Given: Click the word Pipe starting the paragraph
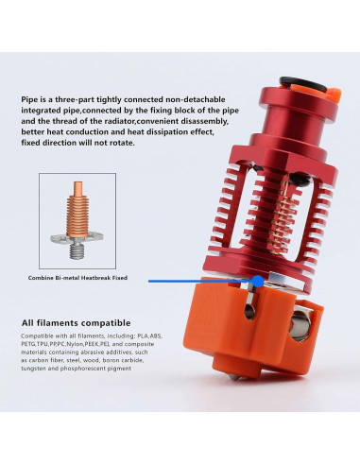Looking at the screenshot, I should [x=29, y=96].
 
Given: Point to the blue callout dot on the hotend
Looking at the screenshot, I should [x=258, y=281].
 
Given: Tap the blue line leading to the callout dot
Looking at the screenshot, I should [x=198, y=281].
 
